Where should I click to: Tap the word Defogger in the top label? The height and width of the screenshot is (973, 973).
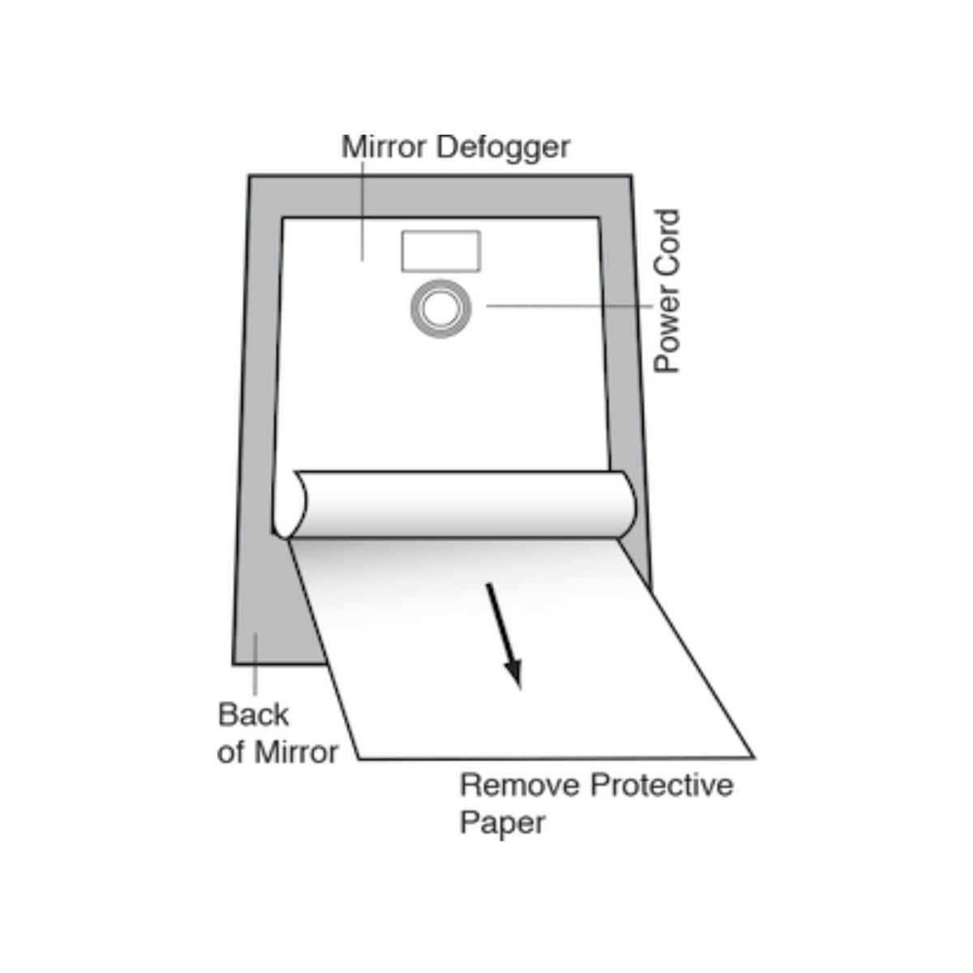(x=503, y=149)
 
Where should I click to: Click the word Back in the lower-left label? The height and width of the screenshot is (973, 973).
(x=253, y=715)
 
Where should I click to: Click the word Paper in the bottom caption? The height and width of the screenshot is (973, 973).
(x=503, y=823)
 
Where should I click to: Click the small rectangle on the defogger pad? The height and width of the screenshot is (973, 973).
(x=441, y=251)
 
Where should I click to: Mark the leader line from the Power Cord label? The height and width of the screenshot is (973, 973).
(x=568, y=306)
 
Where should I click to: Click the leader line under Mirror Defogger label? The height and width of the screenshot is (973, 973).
(x=362, y=211)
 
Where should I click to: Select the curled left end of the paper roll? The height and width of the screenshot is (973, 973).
(x=289, y=504)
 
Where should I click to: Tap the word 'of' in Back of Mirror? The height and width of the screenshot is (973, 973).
(x=230, y=752)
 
